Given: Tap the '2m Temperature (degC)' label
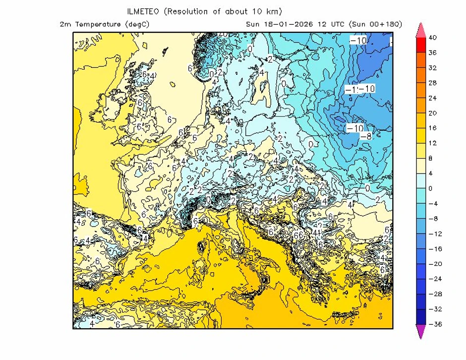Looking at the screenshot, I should click(x=104, y=24).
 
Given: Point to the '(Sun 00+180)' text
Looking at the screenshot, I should click(x=375, y=24).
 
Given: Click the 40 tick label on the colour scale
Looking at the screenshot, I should click(x=432, y=38).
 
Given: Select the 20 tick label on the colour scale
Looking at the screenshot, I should click(x=432, y=113).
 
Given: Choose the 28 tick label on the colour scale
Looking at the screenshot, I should click(x=432, y=83).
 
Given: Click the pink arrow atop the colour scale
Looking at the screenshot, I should click(x=420, y=29).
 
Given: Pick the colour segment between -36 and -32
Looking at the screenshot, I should click(x=420, y=317).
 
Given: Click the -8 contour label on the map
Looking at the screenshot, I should click(x=366, y=136).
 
